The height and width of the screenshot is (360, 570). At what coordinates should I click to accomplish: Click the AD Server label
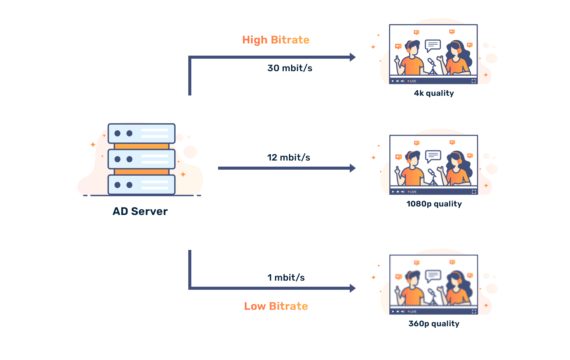(140, 211)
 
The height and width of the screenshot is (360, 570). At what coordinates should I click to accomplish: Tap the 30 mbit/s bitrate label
(290, 68)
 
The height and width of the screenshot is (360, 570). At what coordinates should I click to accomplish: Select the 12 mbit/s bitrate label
(289, 157)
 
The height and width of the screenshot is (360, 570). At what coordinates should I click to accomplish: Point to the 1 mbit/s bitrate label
(286, 278)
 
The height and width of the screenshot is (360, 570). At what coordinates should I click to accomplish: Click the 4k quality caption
(434, 93)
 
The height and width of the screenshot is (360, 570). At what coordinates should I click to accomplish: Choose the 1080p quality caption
(434, 204)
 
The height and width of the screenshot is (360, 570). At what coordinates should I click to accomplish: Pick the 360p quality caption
(434, 324)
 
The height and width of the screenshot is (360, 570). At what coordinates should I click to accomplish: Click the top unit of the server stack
(141, 133)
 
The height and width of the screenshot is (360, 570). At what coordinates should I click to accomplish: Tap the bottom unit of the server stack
(141, 185)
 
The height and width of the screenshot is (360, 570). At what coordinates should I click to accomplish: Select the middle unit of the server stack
(141, 159)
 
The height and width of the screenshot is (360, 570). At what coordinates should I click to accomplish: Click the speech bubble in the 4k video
(433, 45)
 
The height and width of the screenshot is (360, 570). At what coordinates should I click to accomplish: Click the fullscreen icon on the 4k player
(473, 81)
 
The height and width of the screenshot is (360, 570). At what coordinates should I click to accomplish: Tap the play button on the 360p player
(393, 312)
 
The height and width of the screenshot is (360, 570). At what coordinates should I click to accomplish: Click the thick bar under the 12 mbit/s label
(304, 168)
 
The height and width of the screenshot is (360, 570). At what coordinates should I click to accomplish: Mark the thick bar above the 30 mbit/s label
(304, 57)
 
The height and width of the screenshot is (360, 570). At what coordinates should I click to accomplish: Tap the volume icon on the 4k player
(402, 81)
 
